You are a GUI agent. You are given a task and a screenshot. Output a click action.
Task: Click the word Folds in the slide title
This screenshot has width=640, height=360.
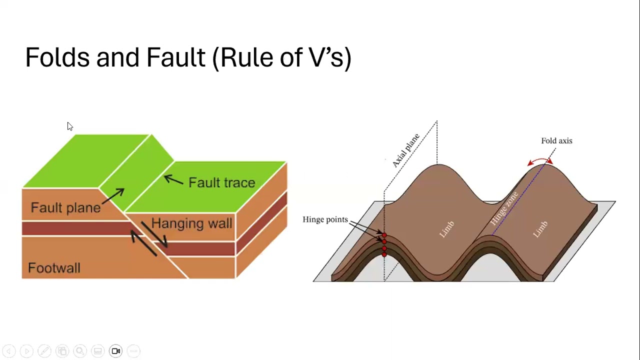[x=57, y=57]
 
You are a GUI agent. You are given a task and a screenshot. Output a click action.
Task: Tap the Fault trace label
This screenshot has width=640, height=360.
[x=221, y=183]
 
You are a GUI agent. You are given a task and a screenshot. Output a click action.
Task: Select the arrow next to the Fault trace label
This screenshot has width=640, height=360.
[x=173, y=179]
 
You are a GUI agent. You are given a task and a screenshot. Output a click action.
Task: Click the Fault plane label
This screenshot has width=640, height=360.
[x=65, y=208]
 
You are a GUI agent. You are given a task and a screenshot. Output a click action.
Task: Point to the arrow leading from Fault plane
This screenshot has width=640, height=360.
[x=113, y=197]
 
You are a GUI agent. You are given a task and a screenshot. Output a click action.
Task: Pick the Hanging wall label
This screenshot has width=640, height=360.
[x=191, y=223]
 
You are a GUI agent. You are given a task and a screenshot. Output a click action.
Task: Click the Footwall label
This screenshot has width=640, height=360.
[x=54, y=268]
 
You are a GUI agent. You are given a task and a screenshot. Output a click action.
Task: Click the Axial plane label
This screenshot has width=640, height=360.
[x=406, y=150]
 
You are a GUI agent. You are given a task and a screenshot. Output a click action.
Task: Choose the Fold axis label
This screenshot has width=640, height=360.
[x=556, y=141]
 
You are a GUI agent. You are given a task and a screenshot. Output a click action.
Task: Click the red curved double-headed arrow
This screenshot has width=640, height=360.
[x=540, y=160]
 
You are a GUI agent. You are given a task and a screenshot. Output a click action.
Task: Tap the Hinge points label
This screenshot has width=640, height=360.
[x=325, y=219]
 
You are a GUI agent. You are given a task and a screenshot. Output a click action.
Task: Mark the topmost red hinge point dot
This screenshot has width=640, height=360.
[x=384, y=235]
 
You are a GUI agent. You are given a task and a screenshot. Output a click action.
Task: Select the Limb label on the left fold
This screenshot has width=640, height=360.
[x=446, y=229]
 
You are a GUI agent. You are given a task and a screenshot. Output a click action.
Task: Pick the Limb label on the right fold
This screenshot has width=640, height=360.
[x=540, y=229]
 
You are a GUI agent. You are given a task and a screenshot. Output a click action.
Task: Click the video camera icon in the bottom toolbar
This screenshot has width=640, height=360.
[x=115, y=351]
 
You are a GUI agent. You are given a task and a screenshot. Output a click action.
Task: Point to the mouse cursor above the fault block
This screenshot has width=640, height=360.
[x=69, y=126]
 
